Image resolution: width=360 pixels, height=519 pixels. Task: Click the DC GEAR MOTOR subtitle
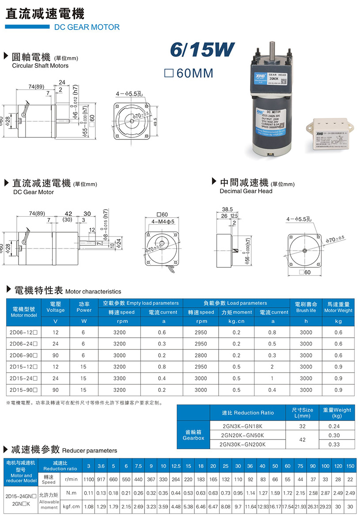click(87, 27)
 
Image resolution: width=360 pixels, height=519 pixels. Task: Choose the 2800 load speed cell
click(201, 355)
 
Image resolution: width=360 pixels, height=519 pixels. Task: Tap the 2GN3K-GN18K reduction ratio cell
click(243, 426)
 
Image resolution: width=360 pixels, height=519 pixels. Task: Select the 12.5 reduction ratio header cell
click(175, 466)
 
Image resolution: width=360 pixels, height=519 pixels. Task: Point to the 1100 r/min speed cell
click(89, 479)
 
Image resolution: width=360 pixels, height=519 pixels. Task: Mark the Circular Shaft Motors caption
click(40, 66)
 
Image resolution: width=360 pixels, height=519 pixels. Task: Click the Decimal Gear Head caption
click(246, 191)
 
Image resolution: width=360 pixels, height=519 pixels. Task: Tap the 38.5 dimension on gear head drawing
click(227, 209)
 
